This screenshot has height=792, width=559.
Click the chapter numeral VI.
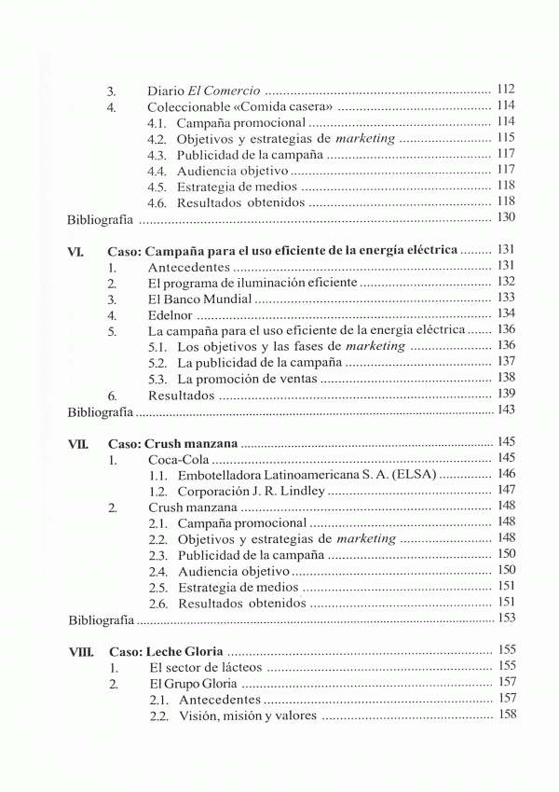pyautogui.click(x=76, y=251)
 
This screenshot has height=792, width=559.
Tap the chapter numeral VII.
pyautogui.click(x=78, y=441)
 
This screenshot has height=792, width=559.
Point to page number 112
pyautogui.click(x=507, y=90)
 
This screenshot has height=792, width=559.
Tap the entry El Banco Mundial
pyautogui.click(x=199, y=299)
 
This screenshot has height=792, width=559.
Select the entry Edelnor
pyautogui.click(x=170, y=314)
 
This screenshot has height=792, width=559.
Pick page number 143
pyautogui.click(x=507, y=410)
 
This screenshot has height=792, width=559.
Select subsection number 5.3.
pyautogui.click(x=157, y=378)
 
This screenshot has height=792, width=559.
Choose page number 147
pyautogui.click(x=507, y=490)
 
